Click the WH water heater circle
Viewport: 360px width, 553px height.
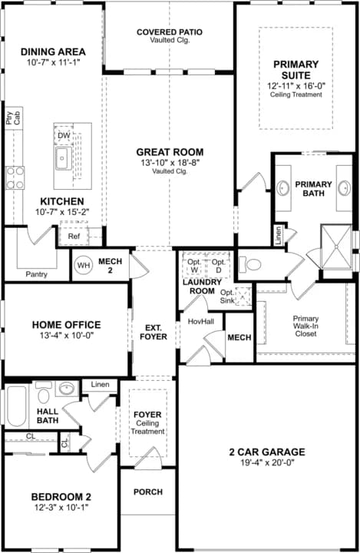pos(84,265)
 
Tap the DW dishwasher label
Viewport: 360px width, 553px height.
pos(64,135)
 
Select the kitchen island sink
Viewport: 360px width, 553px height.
pos(64,158)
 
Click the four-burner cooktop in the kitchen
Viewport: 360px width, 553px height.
pos(15,177)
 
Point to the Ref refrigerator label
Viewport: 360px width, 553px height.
pos(74,237)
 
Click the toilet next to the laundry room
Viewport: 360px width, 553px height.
pos(250,264)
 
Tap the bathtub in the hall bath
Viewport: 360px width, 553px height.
pos(17,406)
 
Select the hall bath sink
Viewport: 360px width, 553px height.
pos(67,389)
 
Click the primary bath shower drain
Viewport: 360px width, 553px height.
pos(336,247)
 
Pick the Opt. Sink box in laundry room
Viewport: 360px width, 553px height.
pos(243,296)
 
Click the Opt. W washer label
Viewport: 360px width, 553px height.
pos(194,266)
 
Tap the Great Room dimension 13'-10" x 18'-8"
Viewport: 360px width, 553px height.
pos(170,163)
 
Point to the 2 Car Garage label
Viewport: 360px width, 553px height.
pos(267,452)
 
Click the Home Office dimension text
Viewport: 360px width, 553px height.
pos(67,335)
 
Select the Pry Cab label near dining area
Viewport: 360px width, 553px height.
pos(13,118)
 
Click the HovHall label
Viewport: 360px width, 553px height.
pos(201,321)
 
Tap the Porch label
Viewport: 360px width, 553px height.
pos(148,492)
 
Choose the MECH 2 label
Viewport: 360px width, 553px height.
pos(110,266)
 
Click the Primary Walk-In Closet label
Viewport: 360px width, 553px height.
pos(306,326)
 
